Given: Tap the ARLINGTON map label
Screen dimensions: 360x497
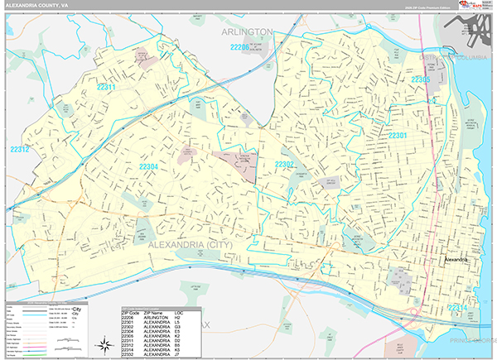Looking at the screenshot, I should coord(248,31).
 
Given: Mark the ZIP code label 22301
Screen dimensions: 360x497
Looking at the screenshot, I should coord(398,135).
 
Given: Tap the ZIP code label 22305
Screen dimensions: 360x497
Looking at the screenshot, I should coord(421,80).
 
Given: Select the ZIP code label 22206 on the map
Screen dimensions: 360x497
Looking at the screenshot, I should coord(240,48).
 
